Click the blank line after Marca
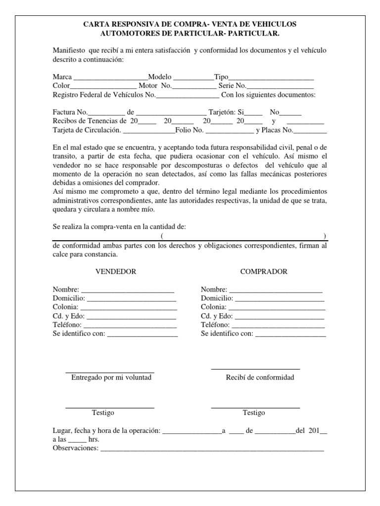point(110,78)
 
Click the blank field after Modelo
point(193,78)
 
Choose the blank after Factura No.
point(106,113)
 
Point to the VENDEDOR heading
point(115,272)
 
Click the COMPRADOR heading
point(264,272)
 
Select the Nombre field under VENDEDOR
point(127,290)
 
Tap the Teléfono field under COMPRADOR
point(278,326)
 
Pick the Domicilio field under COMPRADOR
point(280,299)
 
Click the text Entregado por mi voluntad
point(111,378)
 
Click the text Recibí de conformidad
point(260,378)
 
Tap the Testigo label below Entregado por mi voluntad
point(103,413)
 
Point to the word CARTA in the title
point(97,24)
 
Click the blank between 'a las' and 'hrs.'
point(77,440)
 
